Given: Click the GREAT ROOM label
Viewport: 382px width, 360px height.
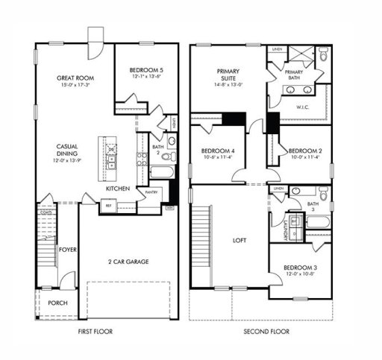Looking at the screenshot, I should (74, 77).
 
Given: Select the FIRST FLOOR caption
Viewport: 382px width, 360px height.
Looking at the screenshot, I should (95, 332).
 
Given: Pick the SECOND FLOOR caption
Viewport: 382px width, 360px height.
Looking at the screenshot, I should (266, 332).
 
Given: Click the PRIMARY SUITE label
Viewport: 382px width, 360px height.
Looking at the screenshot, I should (228, 75).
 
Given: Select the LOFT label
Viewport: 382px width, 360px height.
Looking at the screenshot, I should (239, 240).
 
